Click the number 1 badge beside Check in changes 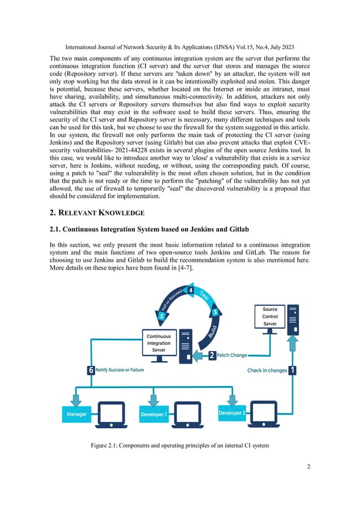[293, 371]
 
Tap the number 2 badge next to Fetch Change [212, 356]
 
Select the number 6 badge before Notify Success [90, 370]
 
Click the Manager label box [77, 415]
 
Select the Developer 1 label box [153, 415]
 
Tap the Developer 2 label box [232, 413]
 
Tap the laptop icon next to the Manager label [111, 414]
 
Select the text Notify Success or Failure [120, 370]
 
